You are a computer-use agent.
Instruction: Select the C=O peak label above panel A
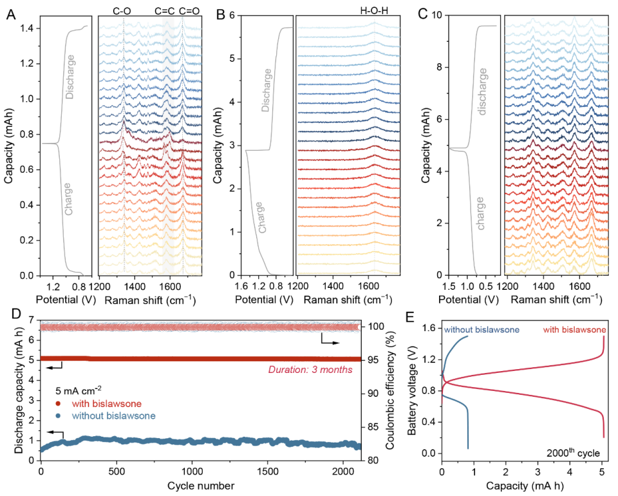tap(189, 10)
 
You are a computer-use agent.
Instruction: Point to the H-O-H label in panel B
tap(375, 10)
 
